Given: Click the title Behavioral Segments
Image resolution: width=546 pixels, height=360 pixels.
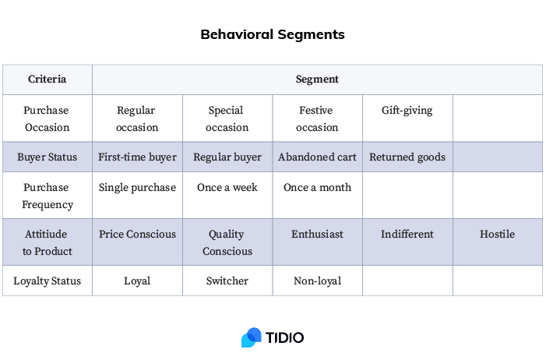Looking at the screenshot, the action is [273, 34].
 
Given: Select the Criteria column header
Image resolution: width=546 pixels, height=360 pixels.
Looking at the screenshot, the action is [47, 79].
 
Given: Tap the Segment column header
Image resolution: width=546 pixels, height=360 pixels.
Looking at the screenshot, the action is [317, 79].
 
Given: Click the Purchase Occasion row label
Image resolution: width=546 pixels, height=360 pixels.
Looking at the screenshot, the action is [47, 118].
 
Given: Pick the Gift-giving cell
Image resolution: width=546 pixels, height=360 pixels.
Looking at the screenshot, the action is [407, 111].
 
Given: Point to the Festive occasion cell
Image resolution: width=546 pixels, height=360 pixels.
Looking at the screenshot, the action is [317, 118].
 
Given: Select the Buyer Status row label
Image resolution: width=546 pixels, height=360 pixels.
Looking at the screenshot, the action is [47, 157].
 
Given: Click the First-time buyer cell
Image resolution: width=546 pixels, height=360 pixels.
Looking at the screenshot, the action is [137, 157].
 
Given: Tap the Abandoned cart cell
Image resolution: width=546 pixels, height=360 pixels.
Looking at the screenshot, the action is [317, 157].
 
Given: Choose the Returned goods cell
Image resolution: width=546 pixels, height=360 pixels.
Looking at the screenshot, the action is [407, 157].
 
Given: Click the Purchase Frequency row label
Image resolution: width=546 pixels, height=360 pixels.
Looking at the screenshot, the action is [47, 196].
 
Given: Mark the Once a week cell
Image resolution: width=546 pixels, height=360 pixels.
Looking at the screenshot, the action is [227, 188].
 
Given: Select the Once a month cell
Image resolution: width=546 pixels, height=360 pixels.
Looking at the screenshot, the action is [317, 188].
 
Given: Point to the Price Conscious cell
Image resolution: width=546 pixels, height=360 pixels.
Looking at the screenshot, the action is [137, 234].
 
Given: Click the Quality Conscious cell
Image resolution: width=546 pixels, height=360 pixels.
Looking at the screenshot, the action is [227, 242].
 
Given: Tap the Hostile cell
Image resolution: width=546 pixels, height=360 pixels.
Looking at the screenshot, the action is [497, 234].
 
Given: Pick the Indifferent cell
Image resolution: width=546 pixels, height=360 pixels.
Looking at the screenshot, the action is [407, 234].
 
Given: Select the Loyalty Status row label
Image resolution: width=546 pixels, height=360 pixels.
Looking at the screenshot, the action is [47, 281].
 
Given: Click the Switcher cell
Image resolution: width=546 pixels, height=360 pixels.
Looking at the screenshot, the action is [227, 281].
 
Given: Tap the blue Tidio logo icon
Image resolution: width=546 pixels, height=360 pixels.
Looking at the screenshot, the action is [251, 337].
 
